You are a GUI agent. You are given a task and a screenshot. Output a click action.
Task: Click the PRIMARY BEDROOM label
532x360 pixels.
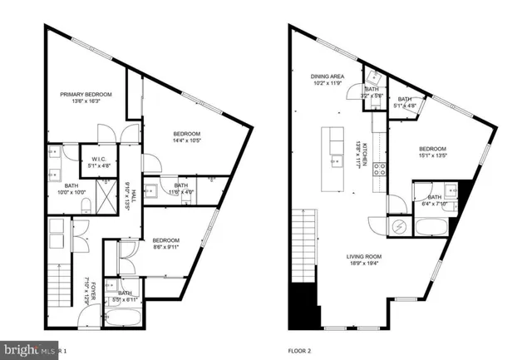[86, 95]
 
